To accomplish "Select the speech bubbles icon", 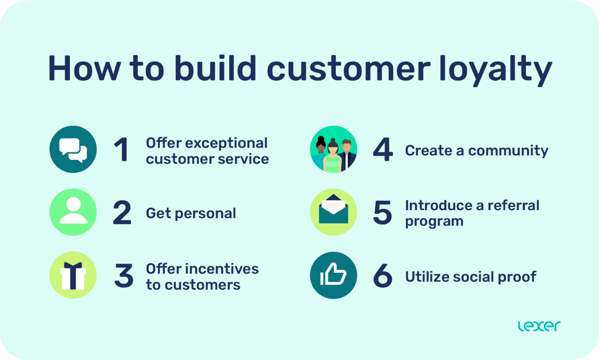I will pyautogui.click(x=73, y=149).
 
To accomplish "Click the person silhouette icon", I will pyautogui.click(x=73, y=212).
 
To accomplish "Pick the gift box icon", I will pyautogui.click(x=73, y=275).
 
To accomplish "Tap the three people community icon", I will pyautogui.click(x=334, y=149).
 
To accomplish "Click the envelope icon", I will pyautogui.click(x=334, y=212).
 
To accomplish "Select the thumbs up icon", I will pyautogui.click(x=334, y=275).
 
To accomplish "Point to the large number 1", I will pyautogui.click(x=121, y=150).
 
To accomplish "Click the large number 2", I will pyautogui.click(x=122, y=213).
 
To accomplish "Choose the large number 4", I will pyautogui.click(x=383, y=150).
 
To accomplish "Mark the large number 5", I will pyautogui.click(x=383, y=213).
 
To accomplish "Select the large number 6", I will pyautogui.click(x=383, y=276).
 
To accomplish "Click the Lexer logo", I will pyautogui.click(x=539, y=326).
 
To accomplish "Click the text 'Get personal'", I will pyautogui.click(x=191, y=213).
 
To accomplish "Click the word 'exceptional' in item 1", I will pyautogui.click(x=226, y=143).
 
